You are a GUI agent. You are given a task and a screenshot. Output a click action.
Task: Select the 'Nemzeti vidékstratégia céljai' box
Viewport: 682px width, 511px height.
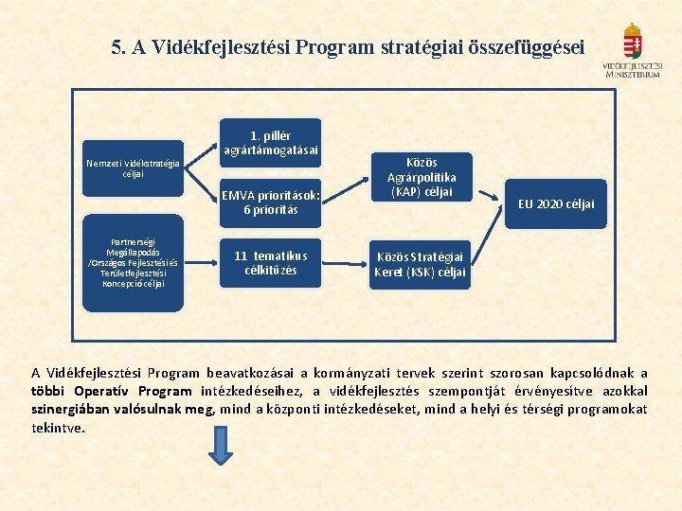(x=133, y=168)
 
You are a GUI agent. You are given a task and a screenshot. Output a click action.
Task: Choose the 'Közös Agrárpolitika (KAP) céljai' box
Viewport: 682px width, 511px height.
(x=421, y=177)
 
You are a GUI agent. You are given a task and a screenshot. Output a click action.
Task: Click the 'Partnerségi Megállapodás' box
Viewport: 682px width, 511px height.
(x=133, y=263)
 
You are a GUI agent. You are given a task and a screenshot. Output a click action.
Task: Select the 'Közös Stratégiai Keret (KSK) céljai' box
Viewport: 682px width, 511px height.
(x=421, y=264)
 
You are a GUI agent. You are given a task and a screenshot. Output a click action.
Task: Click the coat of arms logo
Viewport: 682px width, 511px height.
(x=632, y=42)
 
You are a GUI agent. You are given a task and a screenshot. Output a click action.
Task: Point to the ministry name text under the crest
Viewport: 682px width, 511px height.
(x=632, y=70)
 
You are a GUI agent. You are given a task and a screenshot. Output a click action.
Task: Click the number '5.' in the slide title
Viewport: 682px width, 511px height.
(x=118, y=47)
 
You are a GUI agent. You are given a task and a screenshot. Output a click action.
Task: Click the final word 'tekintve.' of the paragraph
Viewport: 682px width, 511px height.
(x=58, y=427)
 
